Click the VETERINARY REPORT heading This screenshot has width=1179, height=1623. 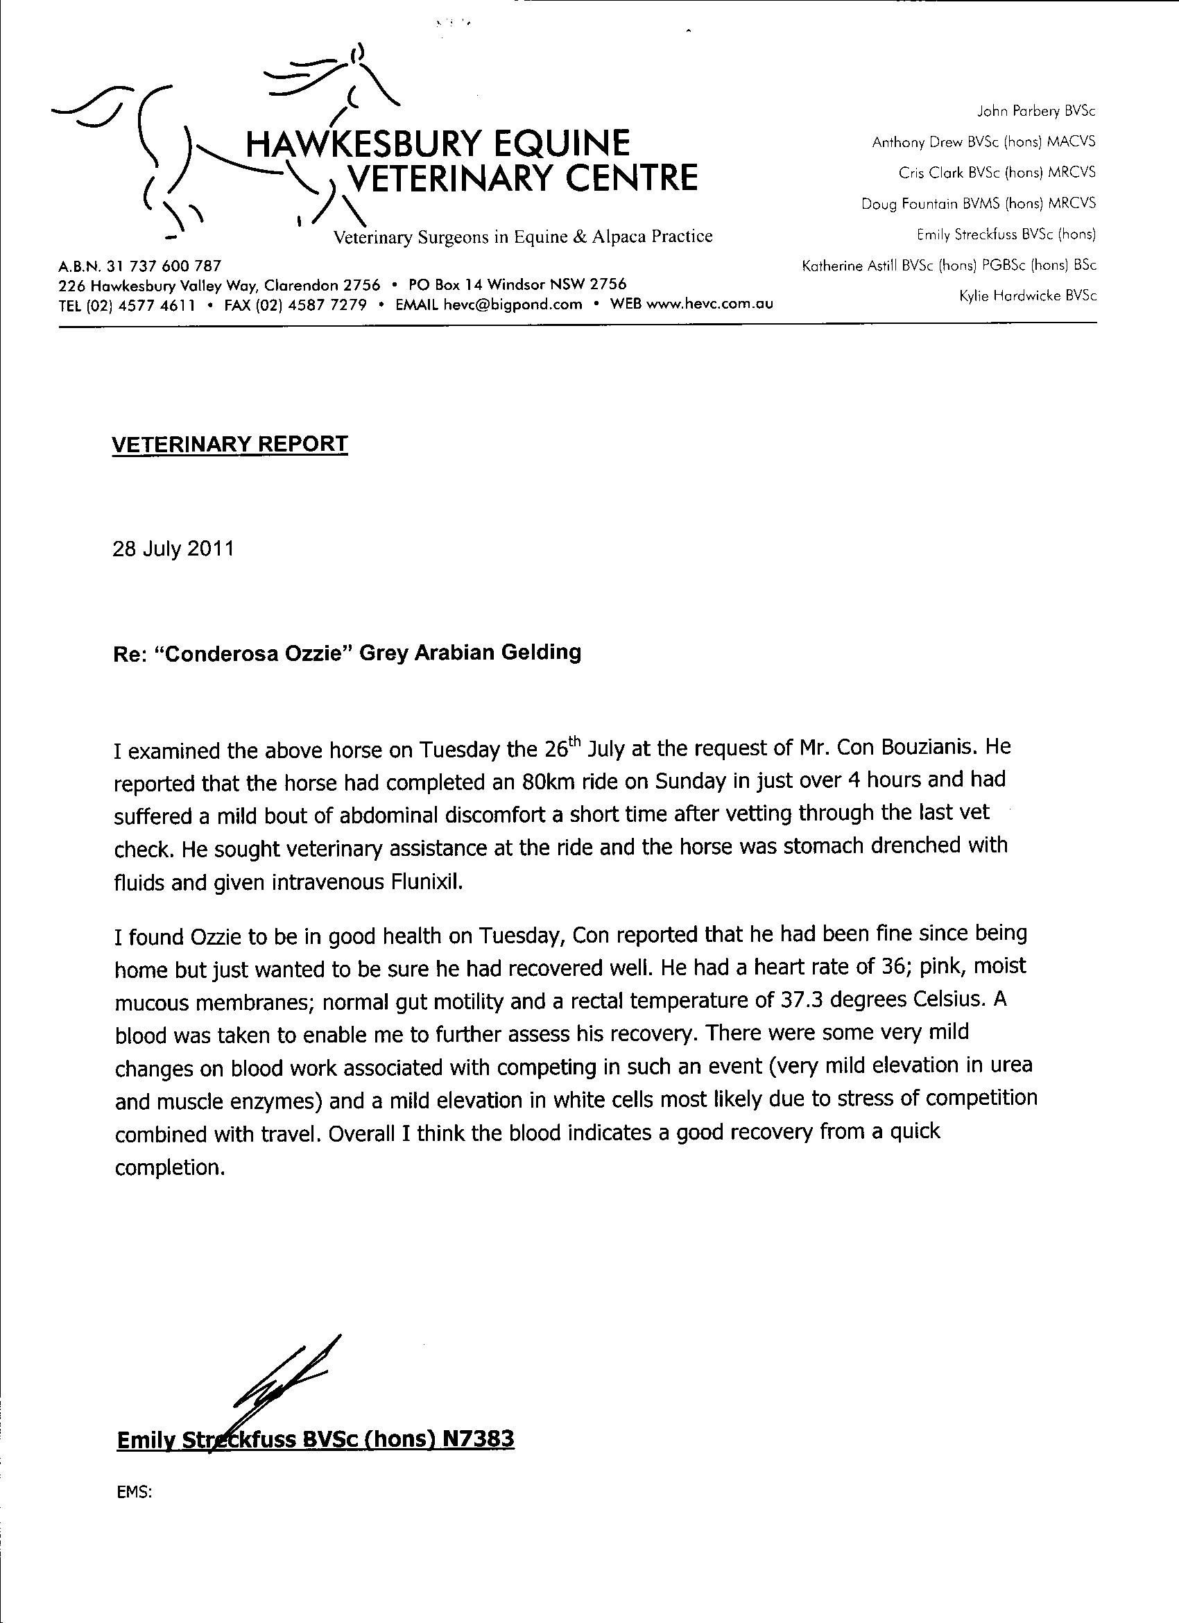coord(230,445)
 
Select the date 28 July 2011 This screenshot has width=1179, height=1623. coord(173,549)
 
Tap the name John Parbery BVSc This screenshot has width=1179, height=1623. coord(1036,112)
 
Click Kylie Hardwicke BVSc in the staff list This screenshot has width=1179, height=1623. coord(1027,295)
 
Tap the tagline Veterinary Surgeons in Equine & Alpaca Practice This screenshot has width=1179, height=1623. coord(523,237)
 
